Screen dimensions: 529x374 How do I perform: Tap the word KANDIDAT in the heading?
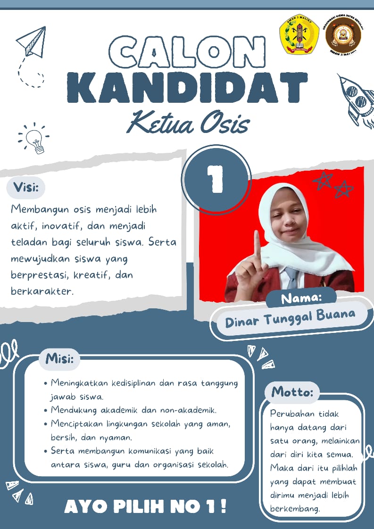point(187,89)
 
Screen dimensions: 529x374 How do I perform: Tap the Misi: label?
point(59,359)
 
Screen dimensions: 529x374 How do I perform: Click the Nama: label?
point(301,298)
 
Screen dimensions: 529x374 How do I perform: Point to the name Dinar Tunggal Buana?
point(290,319)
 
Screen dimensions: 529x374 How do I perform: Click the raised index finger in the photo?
point(258,246)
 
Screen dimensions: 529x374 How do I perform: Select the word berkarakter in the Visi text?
point(42,291)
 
